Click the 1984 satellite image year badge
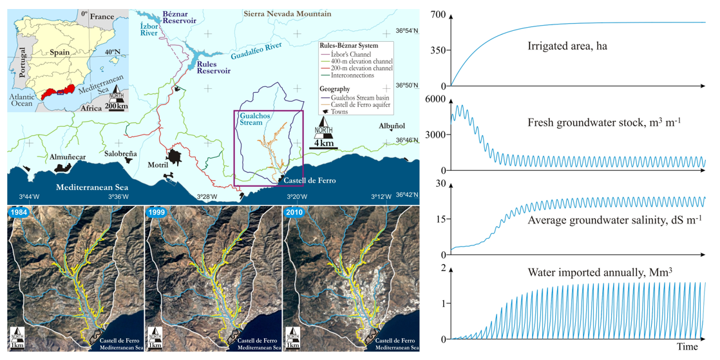pyautogui.click(x=17, y=212)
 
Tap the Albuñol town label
pyautogui.click(x=391, y=126)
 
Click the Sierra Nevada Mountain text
pyautogui.click(x=288, y=14)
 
